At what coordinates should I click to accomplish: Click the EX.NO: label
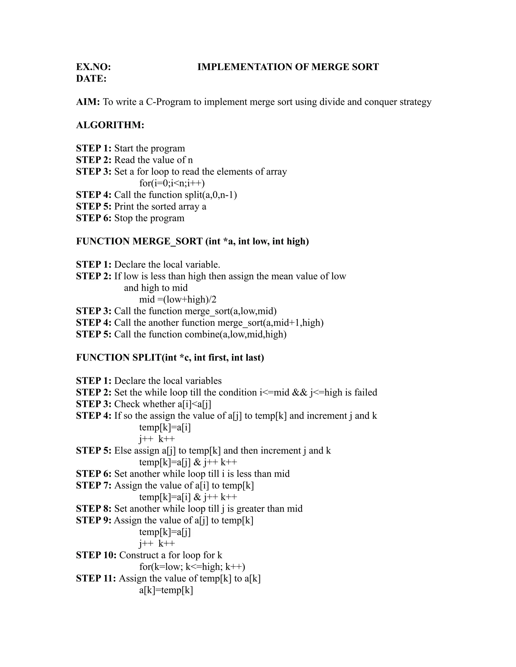click(93, 67)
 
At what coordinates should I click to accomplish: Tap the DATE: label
click(91, 79)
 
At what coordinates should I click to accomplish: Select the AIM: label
click(88, 102)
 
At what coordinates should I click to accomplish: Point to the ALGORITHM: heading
click(110, 125)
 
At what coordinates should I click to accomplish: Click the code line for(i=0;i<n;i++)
click(172, 183)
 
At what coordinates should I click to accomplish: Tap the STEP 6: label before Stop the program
click(93, 218)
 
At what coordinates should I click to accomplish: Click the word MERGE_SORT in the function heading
click(168, 241)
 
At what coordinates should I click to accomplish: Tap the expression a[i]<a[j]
click(195, 404)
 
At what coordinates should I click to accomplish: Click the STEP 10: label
click(96, 555)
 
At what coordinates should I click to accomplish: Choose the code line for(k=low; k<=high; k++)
click(192, 567)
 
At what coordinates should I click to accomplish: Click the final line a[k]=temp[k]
click(166, 590)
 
